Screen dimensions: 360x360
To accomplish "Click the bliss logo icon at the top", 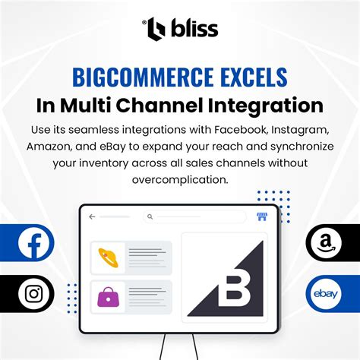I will click(x=156, y=29).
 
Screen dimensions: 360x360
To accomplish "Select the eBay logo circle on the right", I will click(x=326, y=293).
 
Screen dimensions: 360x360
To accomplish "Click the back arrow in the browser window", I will click(x=93, y=216).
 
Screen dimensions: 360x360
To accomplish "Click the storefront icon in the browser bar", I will click(x=262, y=216).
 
